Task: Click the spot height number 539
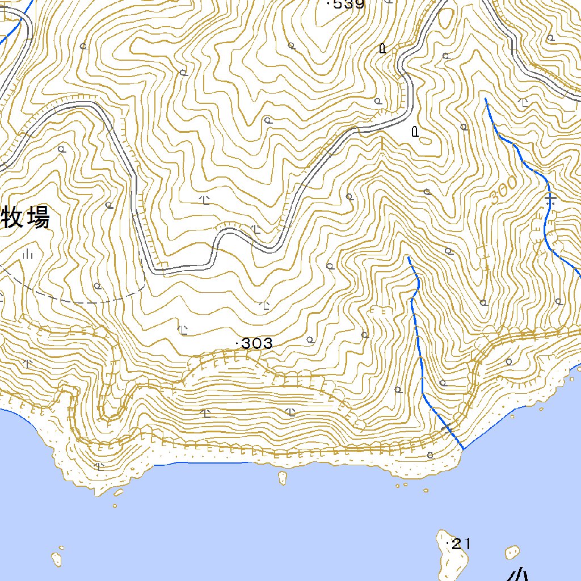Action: [348, 5]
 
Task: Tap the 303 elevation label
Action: [257, 343]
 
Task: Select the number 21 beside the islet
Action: [462, 545]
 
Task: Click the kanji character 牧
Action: [12, 218]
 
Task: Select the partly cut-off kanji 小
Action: [517, 574]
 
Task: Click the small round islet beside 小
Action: [512, 551]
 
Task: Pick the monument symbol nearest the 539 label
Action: [382, 48]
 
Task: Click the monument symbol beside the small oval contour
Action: [415, 132]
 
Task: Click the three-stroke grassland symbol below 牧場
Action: [29, 254]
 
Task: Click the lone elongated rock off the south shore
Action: [282, 478]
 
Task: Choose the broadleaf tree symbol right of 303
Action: [310, 340]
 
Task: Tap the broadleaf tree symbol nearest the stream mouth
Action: [430, 454]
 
